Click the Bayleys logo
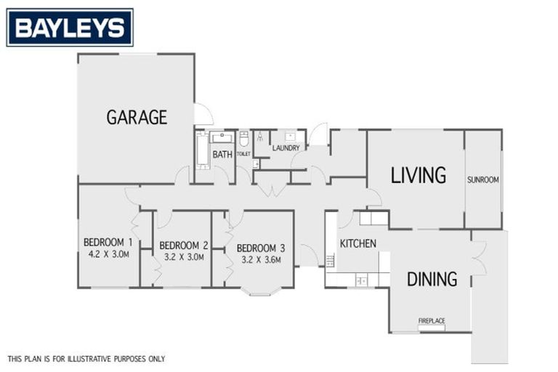[70, 28]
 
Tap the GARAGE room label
[137, 117]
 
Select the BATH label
[222, 154]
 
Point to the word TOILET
[243, 154]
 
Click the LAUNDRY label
[286, 148]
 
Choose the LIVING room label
[418, 175]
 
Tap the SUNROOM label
[482, 179]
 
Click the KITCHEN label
[357, 243]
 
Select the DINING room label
[432, 278]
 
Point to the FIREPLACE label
[432, 320]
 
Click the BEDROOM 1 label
[108, 243]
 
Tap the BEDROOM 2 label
[184, 245]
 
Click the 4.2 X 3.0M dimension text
[108, 254]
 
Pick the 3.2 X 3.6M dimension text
[260, 259]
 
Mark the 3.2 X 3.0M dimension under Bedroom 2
[183, 256]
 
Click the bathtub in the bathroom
[203, 150]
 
